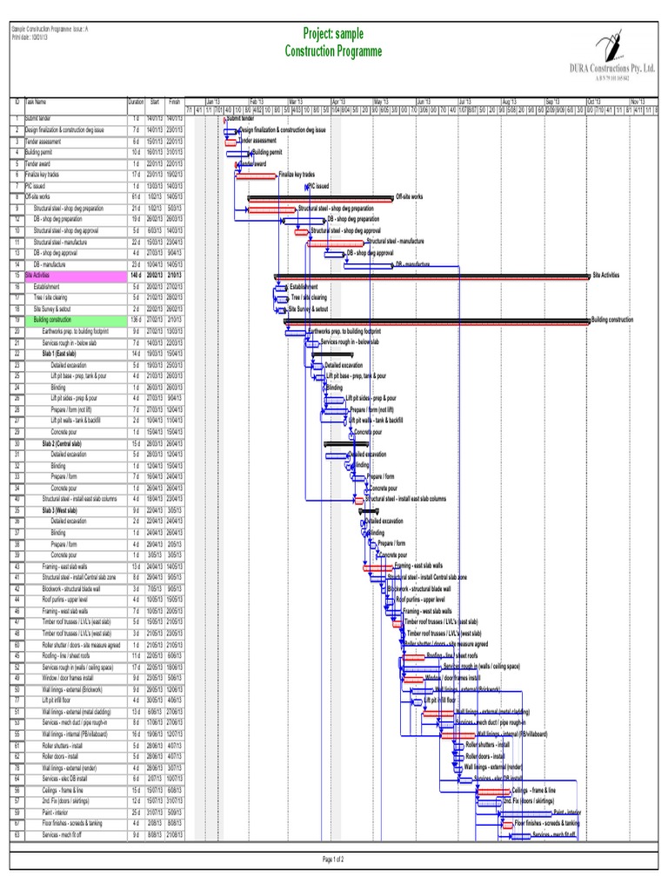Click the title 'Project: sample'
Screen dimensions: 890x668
click(333, 34)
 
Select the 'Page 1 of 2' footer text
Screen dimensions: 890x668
click(334, 860)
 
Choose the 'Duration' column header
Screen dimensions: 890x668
click(136, 102)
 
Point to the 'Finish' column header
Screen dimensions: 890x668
click(175, 102)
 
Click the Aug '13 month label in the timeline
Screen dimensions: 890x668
click(508, 102)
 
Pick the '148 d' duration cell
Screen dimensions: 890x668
click(135, 275)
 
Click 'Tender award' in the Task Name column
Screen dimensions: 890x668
click(39, 163)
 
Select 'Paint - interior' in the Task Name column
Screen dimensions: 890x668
click(61, 812)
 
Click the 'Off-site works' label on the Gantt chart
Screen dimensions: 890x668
click(411, 197)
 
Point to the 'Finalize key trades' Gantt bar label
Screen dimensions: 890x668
click(297, 175)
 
